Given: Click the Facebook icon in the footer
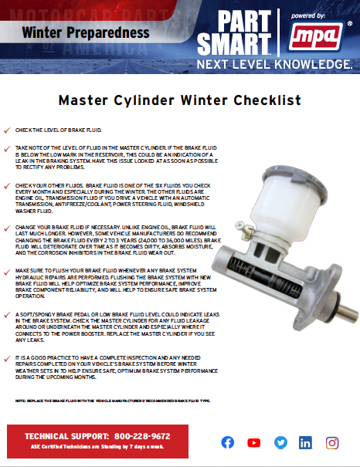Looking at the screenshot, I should [x=228, y=442].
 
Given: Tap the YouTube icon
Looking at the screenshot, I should [x=253, y=442].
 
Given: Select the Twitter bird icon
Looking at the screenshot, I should [x=280, y=442].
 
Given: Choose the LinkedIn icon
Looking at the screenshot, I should [x=305, y=442].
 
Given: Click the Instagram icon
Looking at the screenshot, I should [x=332, y=442].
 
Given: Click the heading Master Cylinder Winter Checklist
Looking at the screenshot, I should [x=179, y=100].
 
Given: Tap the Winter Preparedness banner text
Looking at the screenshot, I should [x=86, y=32].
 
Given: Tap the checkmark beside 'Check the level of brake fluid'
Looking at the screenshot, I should [x=7, y=131].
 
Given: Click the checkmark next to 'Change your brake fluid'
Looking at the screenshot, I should [x=7, y=228].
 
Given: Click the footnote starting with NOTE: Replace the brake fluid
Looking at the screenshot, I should [x=112, y=402].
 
